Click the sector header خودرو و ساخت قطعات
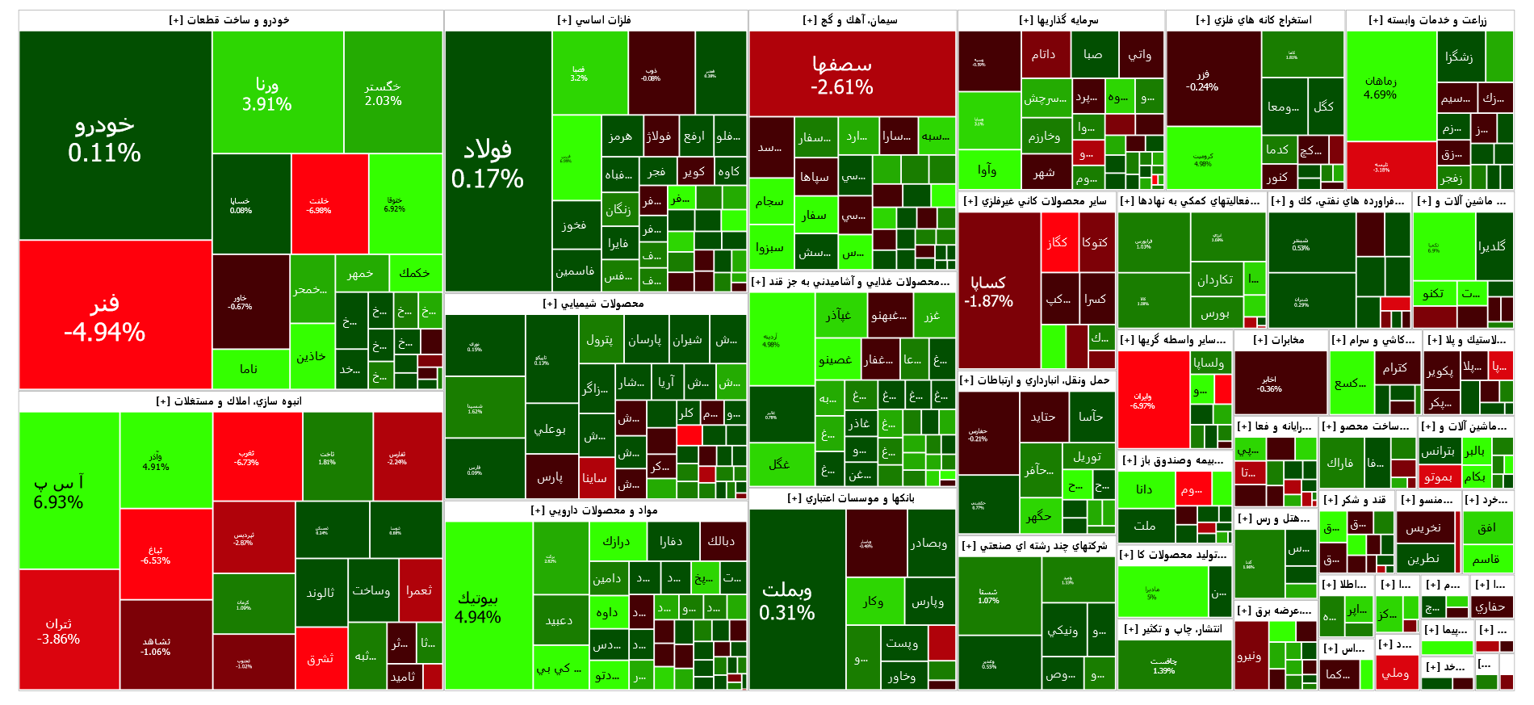pyautogui.click(x=230, y=20)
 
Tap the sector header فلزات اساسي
pyautogui.click(x=595, y=20)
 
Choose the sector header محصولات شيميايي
pyautogui.click(x=594, y=304)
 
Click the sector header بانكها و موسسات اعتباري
pyautogui.click(x=852, y=498)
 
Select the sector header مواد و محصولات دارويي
pyautogui.click(x=594, y=510)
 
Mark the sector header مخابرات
pyautogui.click(x=1280, y=340)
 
